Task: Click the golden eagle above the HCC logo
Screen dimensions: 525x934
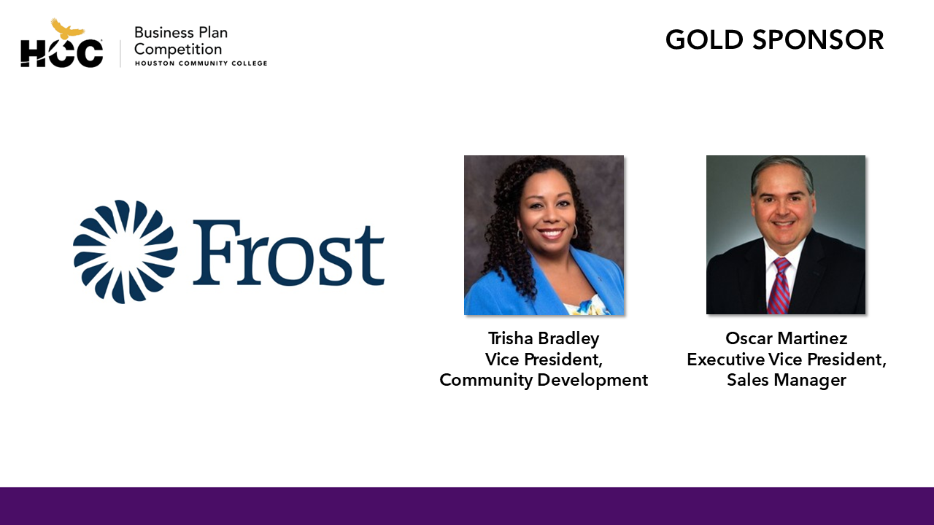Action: click(67, 29)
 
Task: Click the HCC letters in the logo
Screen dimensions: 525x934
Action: click(61, 54)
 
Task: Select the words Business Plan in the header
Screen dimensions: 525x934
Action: click(181, 33)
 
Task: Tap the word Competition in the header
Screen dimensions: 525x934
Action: click(178, 50)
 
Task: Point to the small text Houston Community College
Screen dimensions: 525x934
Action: click(201, 63)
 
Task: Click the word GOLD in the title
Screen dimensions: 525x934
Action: click(706, 39)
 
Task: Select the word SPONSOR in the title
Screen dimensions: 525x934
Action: click(819, 39)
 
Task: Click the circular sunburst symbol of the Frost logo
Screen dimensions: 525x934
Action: click(125, 252)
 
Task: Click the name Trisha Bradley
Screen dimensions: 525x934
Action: click(544, 338)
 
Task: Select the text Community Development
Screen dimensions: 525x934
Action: click(544, 380)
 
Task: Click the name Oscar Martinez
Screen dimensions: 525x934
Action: click(786, 338)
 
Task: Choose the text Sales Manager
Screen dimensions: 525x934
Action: click(786, 380)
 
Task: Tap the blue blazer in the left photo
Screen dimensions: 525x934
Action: click(496, 288)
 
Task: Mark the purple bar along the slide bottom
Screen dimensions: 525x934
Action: click(467, 506)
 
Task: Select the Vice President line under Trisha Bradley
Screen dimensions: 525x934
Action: click(544, 359)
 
